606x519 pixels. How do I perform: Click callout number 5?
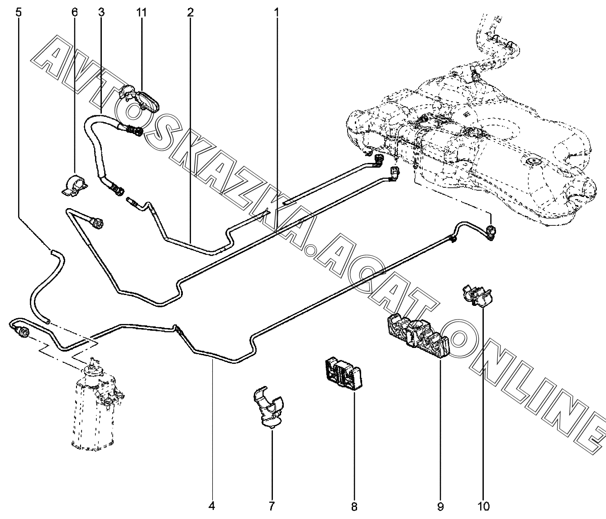18,12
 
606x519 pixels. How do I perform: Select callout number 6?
74,12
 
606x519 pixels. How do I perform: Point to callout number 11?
142,12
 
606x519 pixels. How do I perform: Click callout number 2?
190,12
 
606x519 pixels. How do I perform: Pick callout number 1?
276,12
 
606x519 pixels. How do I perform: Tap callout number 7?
272,506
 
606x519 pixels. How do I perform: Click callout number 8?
354,506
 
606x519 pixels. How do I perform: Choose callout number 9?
440,506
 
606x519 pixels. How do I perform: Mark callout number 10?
484,506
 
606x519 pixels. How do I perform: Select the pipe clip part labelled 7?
268,406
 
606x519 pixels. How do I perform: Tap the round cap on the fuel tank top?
533,160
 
